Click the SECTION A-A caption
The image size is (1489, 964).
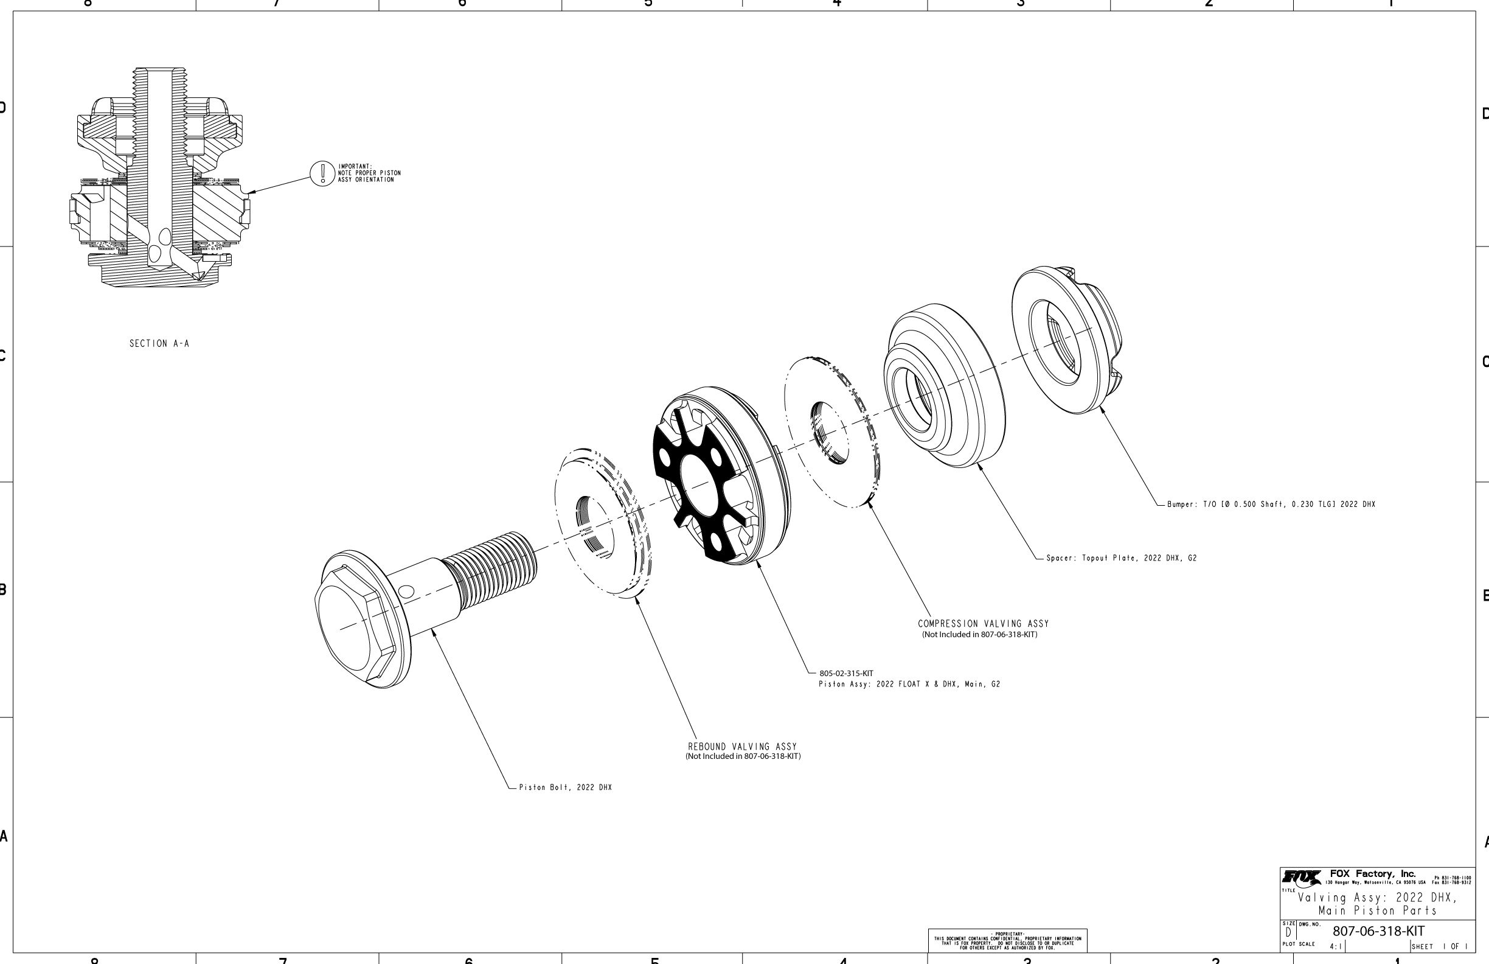[x=159, y=344]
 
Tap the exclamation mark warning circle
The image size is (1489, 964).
[x=322, y=173]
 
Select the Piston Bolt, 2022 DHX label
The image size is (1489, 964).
[x=565, y=788]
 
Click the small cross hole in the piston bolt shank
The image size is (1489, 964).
[x=406, y=591]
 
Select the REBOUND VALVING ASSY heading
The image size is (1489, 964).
[x=743, y=747]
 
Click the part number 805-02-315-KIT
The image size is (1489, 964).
[x=846, y=674]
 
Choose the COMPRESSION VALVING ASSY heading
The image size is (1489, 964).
[x=983, y=623]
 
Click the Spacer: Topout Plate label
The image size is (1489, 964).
[x=1121, y=558]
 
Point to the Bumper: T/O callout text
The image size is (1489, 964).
[x=1271, y=505]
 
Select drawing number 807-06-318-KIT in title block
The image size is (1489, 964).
[x=1378, y=931]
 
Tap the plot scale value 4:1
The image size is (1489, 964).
[x=1335, y=946]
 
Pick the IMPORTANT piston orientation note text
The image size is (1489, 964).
[x=369, y=173]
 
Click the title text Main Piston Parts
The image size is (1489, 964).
[x=1378, y=911]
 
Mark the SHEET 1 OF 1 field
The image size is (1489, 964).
[x=1439, y=946]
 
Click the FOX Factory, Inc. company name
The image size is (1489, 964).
[x=1373, y=874]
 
